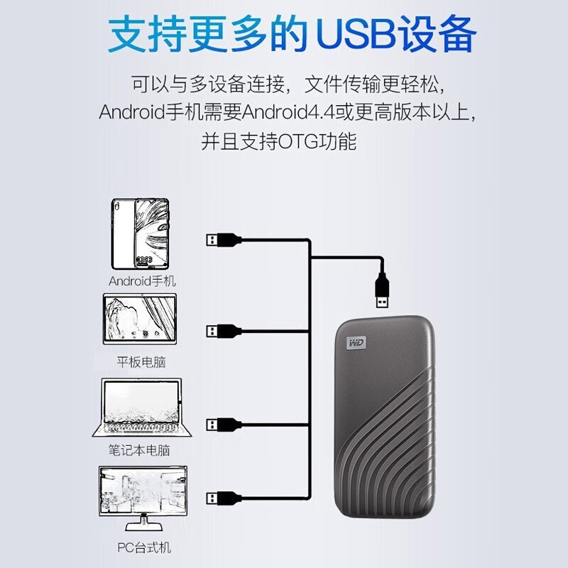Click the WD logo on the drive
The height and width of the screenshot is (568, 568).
click(356, 343)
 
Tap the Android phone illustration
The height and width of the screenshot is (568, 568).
click(140, 234)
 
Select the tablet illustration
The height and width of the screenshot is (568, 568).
click(140, 319)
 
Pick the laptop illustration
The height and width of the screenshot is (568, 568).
click(141, 408)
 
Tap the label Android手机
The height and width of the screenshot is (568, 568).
click(142, 281)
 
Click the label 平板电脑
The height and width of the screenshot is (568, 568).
click(141, 362)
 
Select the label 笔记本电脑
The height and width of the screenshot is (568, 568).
click(139, 450)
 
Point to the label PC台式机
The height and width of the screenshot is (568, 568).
click(144, 547)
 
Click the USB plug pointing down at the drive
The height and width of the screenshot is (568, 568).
click(382, 290)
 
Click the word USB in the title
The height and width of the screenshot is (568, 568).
click(356, 35)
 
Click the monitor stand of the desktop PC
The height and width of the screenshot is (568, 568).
click(144, 523)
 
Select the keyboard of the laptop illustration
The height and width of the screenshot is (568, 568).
click(141, 428)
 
